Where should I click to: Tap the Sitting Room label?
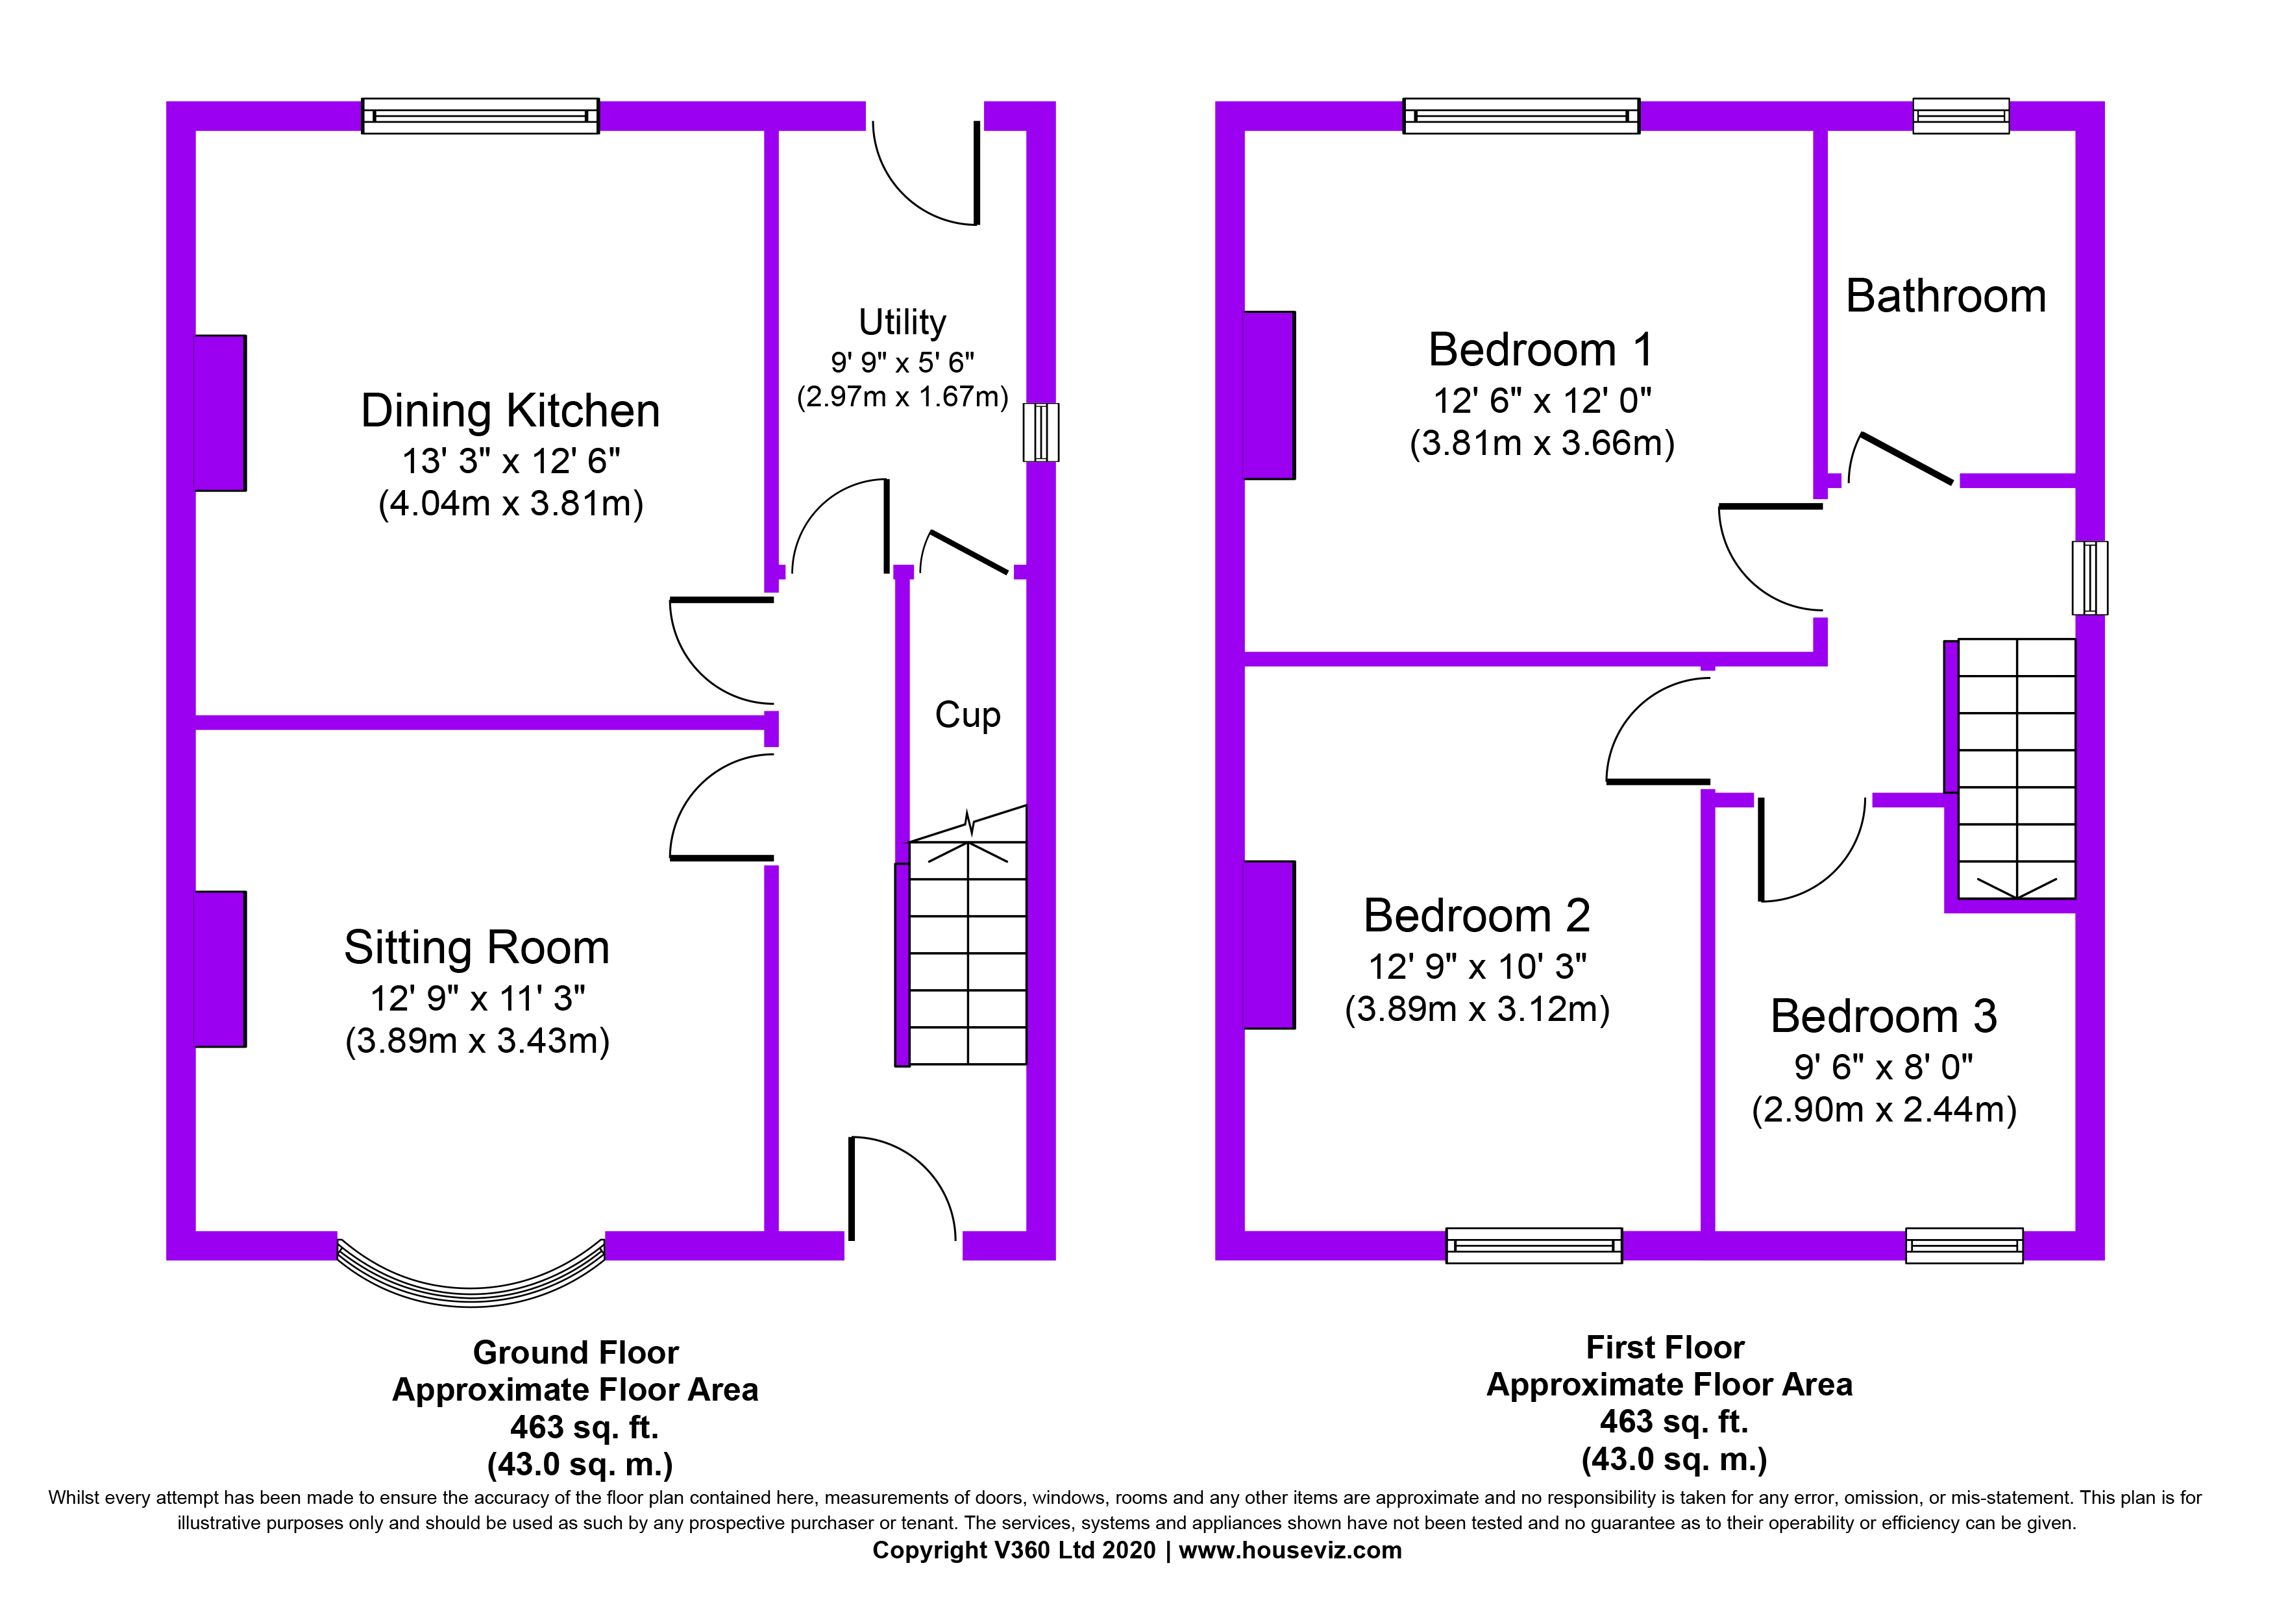pos(477,948)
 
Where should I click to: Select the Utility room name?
pos(902,322)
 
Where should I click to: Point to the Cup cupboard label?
pos(968,715)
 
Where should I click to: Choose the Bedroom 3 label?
pos(1883,1016)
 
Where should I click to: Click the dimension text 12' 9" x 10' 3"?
pos(1477,966)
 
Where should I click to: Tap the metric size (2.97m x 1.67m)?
pos(902,397)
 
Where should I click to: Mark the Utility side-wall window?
pos(1041,432)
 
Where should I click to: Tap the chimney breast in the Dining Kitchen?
pos(219,412)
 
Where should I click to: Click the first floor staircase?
pos(2010,769)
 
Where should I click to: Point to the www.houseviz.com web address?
pos(1290,1551)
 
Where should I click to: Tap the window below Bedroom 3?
pos(1963,1245)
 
